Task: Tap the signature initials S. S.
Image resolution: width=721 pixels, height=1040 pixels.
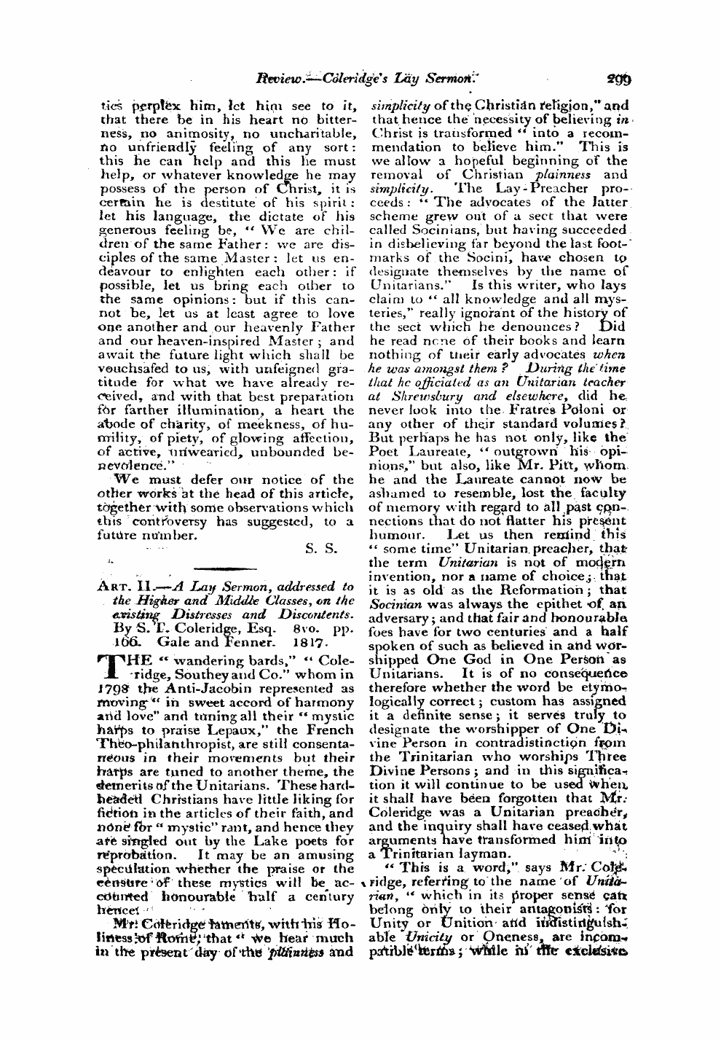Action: coord(321,549)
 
